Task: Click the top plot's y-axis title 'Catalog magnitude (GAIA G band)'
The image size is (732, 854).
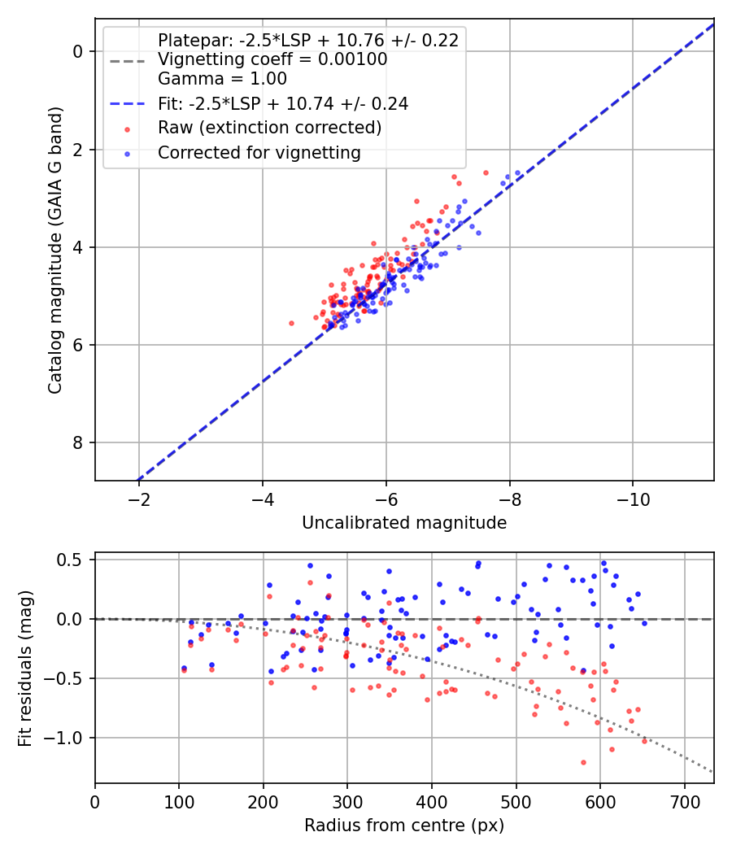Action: pos(55,250)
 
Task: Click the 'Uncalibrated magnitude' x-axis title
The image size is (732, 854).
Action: pos(404,523)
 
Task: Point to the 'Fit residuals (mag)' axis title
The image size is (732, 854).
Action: pos(25,668)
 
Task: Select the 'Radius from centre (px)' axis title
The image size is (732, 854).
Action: pos(404,826)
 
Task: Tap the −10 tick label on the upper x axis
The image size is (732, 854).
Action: pos(633,499)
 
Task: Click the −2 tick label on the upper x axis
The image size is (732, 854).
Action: pos(139,499)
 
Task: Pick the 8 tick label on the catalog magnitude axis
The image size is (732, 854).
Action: pos(78,442)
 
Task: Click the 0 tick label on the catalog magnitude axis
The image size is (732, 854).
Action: pos(78,52)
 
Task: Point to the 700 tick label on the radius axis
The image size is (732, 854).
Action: pos(685,802)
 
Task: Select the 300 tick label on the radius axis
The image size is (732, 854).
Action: pos(347,802)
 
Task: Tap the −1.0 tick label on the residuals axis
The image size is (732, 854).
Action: pos(63,738)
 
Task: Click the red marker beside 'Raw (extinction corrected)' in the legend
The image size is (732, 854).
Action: pos(128,129)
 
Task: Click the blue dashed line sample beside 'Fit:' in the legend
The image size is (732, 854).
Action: pos(128,104)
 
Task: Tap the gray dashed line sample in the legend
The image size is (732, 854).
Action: pos(128,61)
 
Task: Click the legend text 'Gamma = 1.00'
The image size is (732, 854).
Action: pos(222,79)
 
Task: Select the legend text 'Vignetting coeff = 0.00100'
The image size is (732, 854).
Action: pos(272,59)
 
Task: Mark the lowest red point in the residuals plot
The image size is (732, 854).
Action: pos(583,763)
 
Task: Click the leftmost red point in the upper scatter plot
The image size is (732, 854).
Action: pos(291,324)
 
